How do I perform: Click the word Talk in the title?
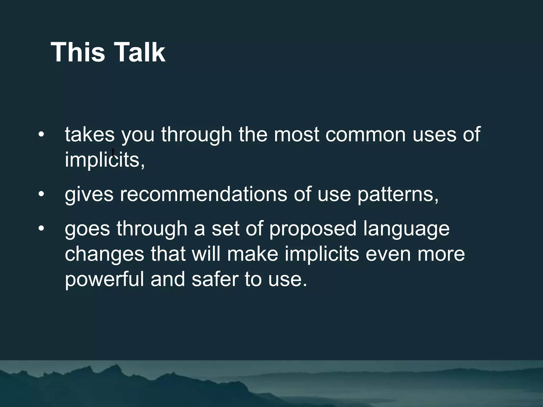(139, 52)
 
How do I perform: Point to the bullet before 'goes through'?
(41, 228)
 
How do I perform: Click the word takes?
(90, 135)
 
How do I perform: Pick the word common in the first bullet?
(365, 135)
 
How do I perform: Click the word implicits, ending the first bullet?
(105, 160)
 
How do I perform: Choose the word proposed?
(313, 229)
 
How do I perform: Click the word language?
(406, 229)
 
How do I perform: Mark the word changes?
(104, 254)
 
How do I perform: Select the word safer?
(215, 279)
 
